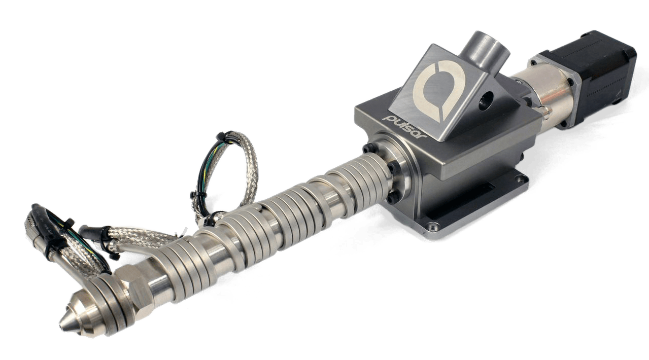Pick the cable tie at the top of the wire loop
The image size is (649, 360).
pyautogui.click(x=221, y=137)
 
